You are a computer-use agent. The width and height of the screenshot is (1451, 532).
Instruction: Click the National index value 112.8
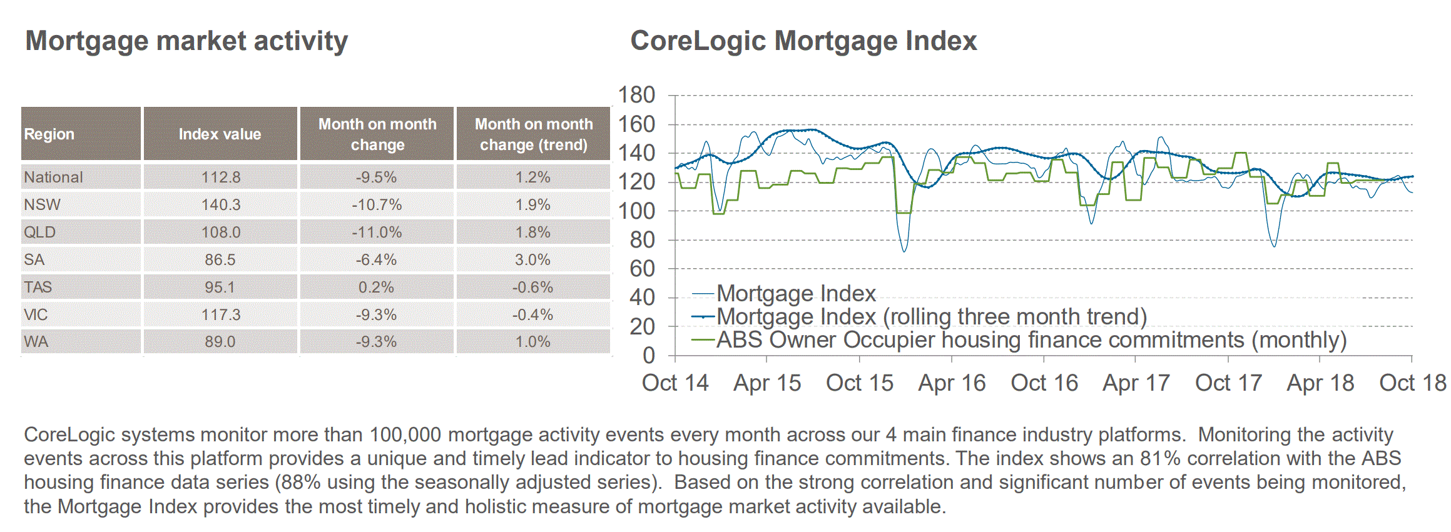coord(220,178)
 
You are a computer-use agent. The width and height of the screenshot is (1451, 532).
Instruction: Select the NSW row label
coord(42,205)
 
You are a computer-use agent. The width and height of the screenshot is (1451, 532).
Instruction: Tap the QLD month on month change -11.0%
coord(377,233)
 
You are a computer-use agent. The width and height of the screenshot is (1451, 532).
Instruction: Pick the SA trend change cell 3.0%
coord(532,260)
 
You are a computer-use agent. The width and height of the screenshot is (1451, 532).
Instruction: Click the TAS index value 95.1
coord(220,288)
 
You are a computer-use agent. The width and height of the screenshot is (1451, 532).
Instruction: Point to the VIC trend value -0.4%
coord(532,315)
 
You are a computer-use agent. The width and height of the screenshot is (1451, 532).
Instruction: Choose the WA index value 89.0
coord(220,342)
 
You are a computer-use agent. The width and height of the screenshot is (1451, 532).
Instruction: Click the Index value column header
coord(220,134)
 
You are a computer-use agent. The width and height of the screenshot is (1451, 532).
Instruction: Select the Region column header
coord(49,134)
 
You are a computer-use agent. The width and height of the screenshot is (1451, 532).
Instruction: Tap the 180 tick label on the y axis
coord(636,96)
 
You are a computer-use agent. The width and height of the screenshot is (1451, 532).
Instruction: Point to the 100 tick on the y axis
coord(636,211)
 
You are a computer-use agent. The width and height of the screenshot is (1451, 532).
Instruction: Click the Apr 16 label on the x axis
coord(952,383)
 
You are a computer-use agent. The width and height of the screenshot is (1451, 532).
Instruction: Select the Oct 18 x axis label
coord(1412,383)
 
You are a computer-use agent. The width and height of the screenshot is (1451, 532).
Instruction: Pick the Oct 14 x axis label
coord(675,383)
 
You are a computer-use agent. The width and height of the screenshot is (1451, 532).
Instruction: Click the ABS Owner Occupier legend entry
coord(1031,341)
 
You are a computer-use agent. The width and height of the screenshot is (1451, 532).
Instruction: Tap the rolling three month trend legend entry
coord(931,317)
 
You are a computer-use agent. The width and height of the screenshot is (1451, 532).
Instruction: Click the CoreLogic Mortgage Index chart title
coord(803,41)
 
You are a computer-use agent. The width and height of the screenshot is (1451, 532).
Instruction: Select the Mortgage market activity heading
coord(186,41)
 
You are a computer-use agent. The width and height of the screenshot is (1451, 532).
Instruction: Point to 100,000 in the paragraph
coord(405,435)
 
